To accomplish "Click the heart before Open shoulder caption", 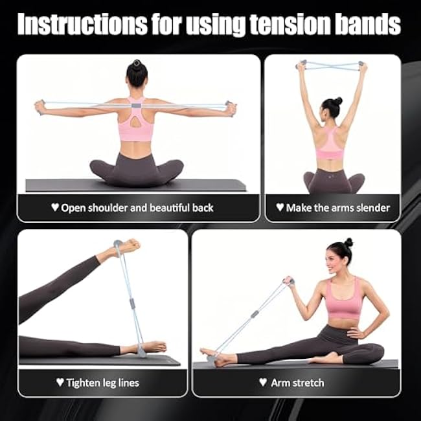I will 54,208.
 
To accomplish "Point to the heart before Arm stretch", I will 262,382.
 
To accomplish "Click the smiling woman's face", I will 339,258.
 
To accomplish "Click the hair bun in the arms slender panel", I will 337,102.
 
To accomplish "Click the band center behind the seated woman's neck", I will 135,103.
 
